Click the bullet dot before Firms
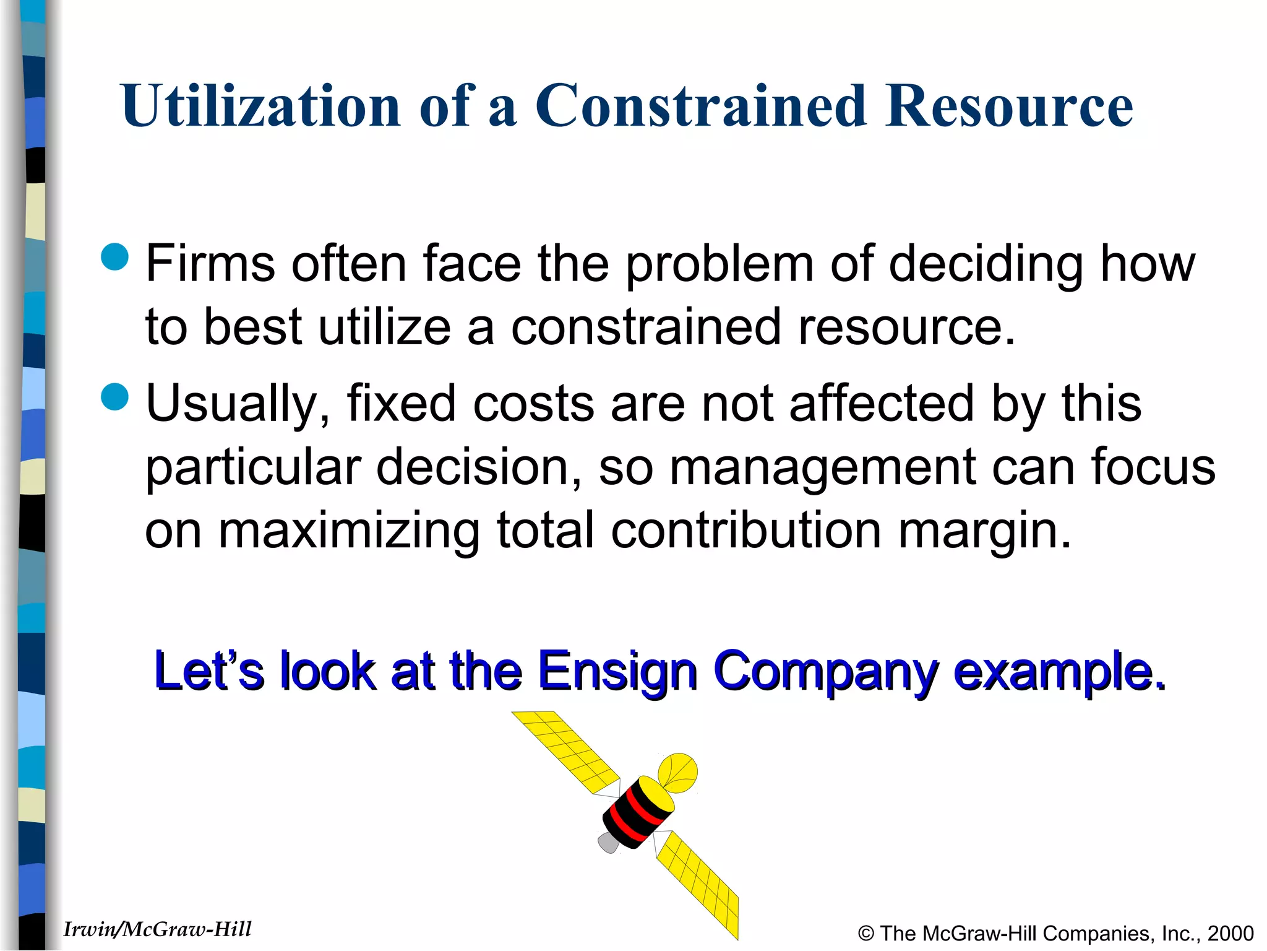click(x=114, y=256)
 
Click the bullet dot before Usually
click(x=114, y=396)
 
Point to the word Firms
click(x=210, y=264)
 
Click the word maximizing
click(x=349, y=531)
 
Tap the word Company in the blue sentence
click(x=825, y=672)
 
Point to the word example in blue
click(x=1058, y=671)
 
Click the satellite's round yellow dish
click(x=678, y=773)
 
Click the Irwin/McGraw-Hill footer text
click(x=157, y=929)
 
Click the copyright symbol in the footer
click(x=866, y=933)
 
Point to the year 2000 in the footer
click(x=1230, y=933)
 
